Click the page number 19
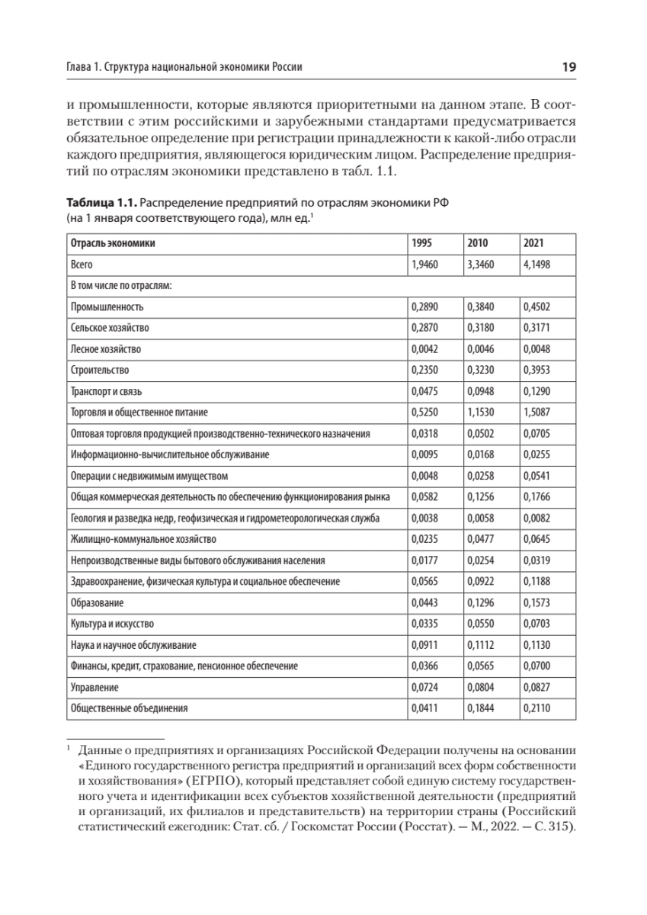[x=569, y=67]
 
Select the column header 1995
[x=421, y=244]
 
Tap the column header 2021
[x=533, y=244]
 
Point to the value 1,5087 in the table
[x=536, y=413]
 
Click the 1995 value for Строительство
[x=424, y=370]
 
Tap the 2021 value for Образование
[x=536, y=602]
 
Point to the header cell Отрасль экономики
[x=113, y=244]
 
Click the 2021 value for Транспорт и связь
[x=536, y=391]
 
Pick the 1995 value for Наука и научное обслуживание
[x=424, y=645]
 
